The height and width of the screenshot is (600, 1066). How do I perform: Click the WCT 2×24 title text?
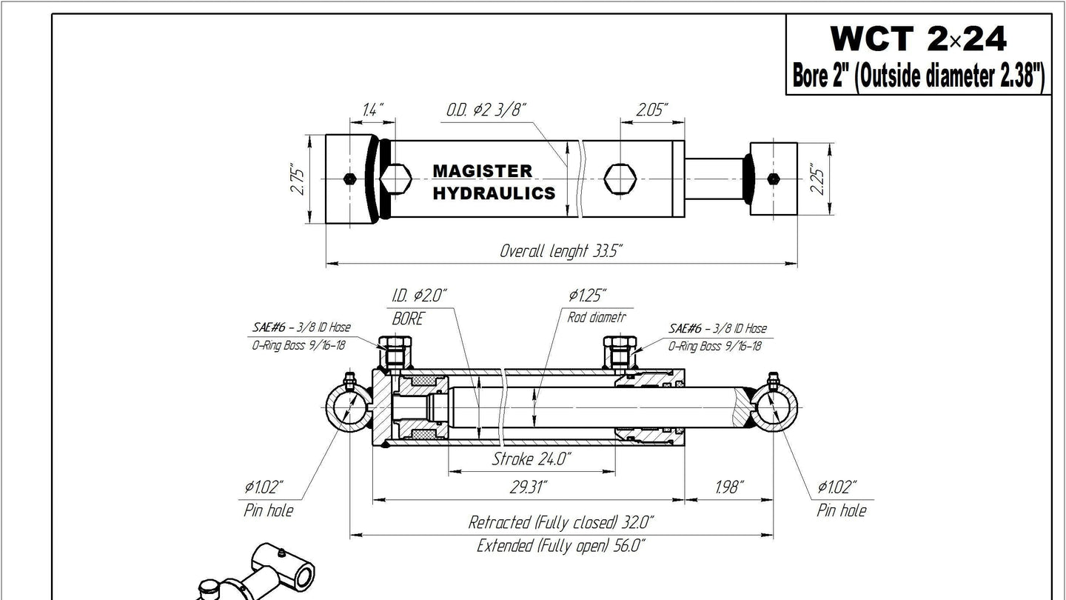pos(918,39)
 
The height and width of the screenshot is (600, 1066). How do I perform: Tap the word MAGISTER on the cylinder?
pos(482,171)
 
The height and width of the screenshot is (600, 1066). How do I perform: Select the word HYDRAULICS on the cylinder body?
pos(493,193)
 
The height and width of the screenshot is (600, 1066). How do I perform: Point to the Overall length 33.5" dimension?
pos(561,250)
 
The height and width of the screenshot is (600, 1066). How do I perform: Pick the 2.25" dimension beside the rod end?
pos(818,179)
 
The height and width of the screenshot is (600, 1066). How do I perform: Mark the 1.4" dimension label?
pos(372,110)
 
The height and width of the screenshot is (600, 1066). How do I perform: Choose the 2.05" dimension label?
pos(652,110)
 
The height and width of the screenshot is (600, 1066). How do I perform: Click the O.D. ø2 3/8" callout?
pos(486,110)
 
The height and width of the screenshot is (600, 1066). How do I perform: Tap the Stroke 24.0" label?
pos(532,459)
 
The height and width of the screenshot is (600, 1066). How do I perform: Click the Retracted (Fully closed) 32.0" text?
pos(560,522)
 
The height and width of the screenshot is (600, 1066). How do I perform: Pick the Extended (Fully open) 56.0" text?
pos(560,547)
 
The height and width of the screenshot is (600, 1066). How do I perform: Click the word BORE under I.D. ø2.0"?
pos(407,319)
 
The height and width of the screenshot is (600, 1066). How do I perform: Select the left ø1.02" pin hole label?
pos(264,487)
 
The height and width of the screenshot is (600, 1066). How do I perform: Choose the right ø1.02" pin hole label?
pos(837,487)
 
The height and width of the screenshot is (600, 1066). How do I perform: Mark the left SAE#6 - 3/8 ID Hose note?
pos(300,327)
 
